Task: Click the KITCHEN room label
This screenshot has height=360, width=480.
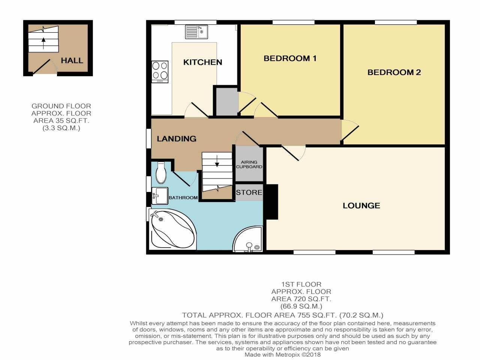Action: pyautogui.click(x=202, y=62)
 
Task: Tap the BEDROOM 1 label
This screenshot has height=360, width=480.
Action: pyautogui.click(x=290, y=58)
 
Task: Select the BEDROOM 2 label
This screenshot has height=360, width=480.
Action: pyautogui.click(x=394, y=72)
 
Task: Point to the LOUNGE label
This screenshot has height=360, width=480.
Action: pyautogui.click(x=361, y=205)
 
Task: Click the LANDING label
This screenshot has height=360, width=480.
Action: pyautogui.click(x=176, y=139)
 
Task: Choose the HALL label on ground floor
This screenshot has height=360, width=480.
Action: pyautogui.click(x=72, y=60)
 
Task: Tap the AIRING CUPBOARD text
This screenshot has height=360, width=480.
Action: pyautogui.click(x=249, y=164)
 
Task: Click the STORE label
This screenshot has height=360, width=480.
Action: pyautogui.click(x=249, y=192)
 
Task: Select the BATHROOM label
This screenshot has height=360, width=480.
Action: pyautogui.click(x=183, y=198)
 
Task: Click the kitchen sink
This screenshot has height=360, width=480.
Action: pyautogui.click(x=196, y=32)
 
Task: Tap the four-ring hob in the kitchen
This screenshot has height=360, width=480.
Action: pyautogui.click(x=160, y=71)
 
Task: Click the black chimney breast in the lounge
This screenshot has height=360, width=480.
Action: pyautogui.click(x=271, y=201)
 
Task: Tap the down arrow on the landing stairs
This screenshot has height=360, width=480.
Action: pyautogui.click(x=217, y=160)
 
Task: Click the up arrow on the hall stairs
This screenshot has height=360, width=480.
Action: pyautogui.click(x=43, y=42)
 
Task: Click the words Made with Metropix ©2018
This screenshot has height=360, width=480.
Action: pyautogui.click(x=282, y=354)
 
